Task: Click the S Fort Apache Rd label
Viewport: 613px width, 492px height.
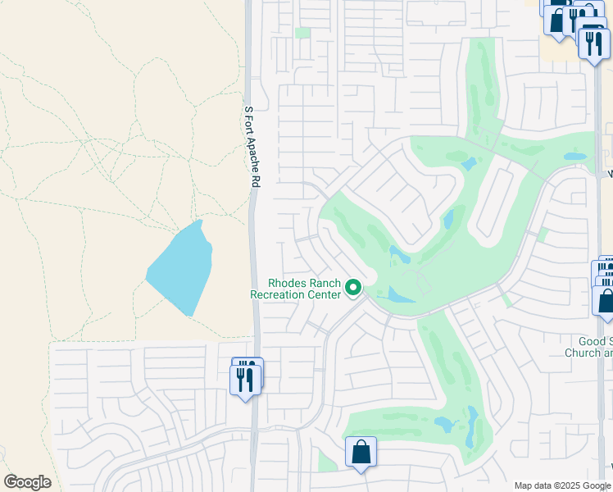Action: coord(253,148)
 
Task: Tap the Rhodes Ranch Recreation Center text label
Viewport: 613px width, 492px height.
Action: coord(295,288)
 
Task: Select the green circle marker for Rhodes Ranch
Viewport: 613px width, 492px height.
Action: coord(353,287)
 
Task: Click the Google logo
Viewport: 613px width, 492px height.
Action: coord(27,482)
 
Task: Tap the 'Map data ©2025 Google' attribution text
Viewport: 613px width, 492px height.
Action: coord(562,485)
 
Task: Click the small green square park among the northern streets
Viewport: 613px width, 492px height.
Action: coord(302,33)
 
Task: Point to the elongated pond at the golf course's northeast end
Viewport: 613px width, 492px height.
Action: coord(574,156)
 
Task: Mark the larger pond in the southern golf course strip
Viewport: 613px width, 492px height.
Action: coord(446,424)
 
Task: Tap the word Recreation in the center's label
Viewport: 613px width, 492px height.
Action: coord(279,294)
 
